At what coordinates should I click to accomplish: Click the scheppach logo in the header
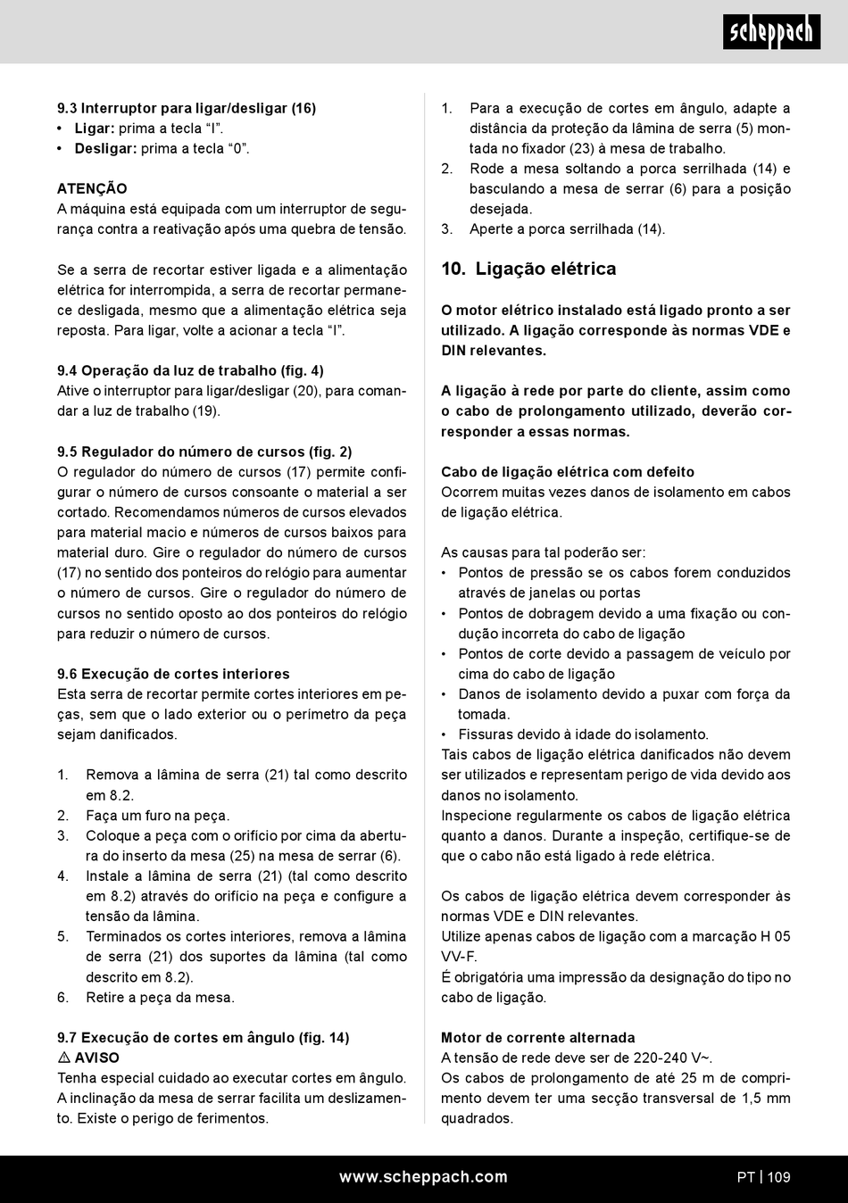(771, 32)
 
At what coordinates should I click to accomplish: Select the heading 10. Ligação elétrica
(528, 270)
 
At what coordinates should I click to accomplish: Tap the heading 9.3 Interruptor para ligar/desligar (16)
(187, 108)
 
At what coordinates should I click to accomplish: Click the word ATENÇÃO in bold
(92, 189)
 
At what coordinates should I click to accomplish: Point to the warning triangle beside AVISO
(63, 1058)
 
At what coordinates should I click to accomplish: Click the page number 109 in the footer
(778, 1177)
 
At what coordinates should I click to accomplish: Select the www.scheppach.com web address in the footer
(423, 1177)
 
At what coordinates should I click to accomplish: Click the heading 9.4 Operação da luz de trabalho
(190, 370)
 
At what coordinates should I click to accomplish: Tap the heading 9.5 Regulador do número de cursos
(204, 452)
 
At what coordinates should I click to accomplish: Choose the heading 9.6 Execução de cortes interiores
(173, 674)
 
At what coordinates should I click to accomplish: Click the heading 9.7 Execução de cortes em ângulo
(203, 1038)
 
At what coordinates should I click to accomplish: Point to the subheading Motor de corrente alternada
(538, 1038)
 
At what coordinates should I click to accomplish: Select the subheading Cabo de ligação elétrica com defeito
(568, 472)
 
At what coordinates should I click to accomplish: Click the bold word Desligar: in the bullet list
(105, 148)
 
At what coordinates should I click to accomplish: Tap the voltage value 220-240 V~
(673, 1058)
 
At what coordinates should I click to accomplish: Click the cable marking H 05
(775, 936)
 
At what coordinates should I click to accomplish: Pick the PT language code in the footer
(745, 1177)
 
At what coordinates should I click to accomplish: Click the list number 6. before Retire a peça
(63, 998)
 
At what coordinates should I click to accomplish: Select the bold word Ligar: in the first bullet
(95, 129)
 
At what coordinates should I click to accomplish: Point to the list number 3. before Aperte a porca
(447, 229)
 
